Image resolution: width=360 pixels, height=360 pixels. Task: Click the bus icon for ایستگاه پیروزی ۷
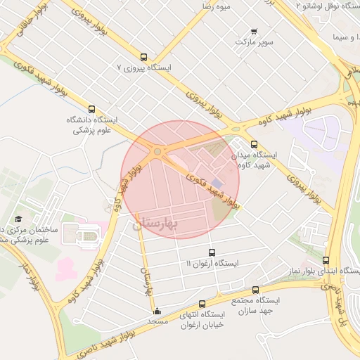(144, 57)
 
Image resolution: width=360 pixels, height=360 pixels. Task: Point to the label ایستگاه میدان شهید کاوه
(255, 159)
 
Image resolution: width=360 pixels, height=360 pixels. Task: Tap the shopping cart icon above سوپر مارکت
(254, 32)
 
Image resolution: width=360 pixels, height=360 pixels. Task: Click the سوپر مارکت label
(253, 43)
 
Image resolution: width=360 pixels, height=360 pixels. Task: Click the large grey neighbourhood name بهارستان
(155, 223)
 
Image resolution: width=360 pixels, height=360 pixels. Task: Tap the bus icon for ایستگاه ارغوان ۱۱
(212, 252)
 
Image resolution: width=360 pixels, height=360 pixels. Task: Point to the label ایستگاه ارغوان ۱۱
(212, 263)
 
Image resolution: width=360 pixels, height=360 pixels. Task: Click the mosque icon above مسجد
(156, 310)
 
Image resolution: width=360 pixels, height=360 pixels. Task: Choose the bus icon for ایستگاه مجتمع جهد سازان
(255, 289)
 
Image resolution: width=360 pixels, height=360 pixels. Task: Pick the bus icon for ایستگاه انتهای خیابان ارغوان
(202, 304)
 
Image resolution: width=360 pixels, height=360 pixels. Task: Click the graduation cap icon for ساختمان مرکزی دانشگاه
(19, 218)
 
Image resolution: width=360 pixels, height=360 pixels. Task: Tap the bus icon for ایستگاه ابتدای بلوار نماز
(325, 259)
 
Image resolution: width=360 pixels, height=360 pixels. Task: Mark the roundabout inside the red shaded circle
(157, 150)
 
